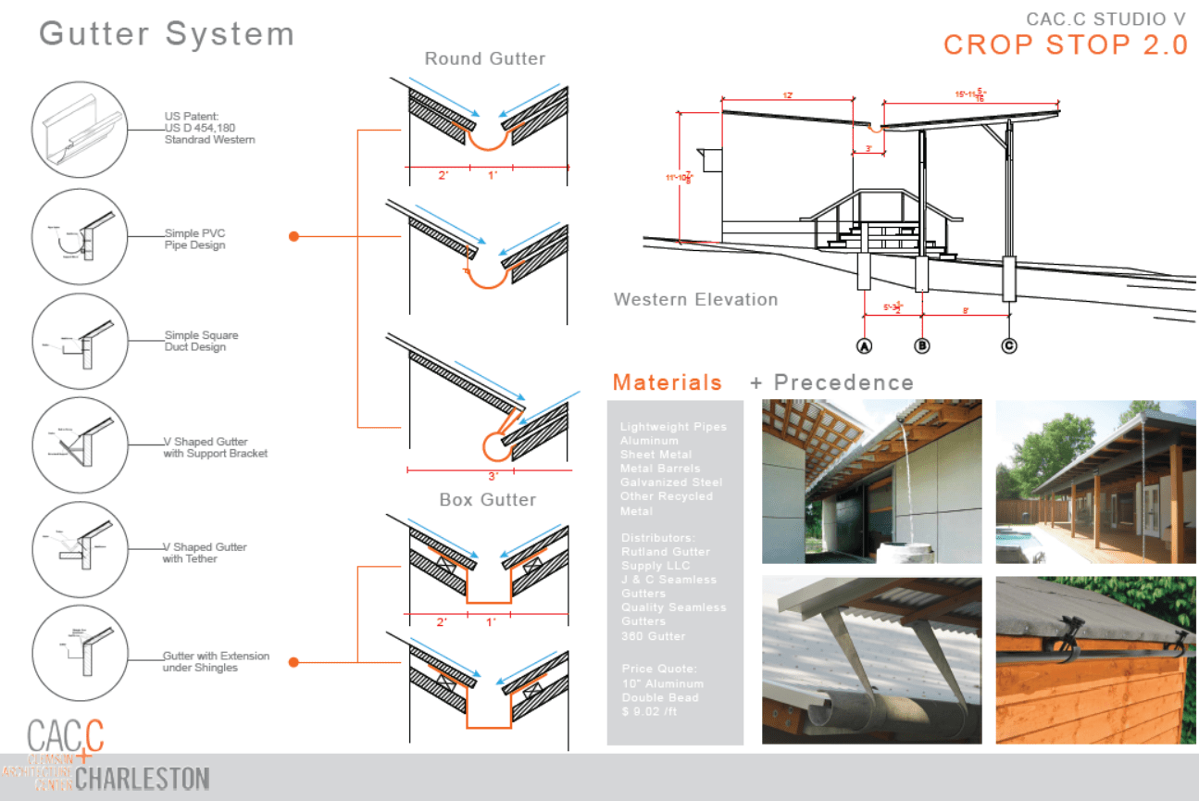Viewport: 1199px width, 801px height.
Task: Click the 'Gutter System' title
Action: pos(167,34)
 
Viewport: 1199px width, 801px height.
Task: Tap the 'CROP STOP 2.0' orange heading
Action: pos(1066,44)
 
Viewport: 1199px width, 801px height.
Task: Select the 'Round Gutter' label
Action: pos(484,59)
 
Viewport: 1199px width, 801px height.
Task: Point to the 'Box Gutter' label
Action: pos(488,500)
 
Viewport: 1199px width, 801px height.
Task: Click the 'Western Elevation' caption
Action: pos(695,299)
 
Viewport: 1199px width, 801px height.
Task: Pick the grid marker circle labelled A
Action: pos(866,345)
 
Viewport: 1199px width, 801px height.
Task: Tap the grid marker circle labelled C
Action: pos(1009,345)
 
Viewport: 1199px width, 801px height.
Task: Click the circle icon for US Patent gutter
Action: pos(78,127)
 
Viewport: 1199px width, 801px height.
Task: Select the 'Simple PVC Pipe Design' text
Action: pos(194,240)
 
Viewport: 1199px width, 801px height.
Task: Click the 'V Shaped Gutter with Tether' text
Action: pos(205,553)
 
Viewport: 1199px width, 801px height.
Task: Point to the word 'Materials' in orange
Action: pos(667,382)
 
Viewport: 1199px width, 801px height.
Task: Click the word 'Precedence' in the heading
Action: pos(843,382)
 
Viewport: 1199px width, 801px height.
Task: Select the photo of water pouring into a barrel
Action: pos(871,482)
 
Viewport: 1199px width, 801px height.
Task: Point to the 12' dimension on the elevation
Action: pos(787,95)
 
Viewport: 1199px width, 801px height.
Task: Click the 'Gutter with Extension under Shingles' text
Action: pos(216,661)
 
